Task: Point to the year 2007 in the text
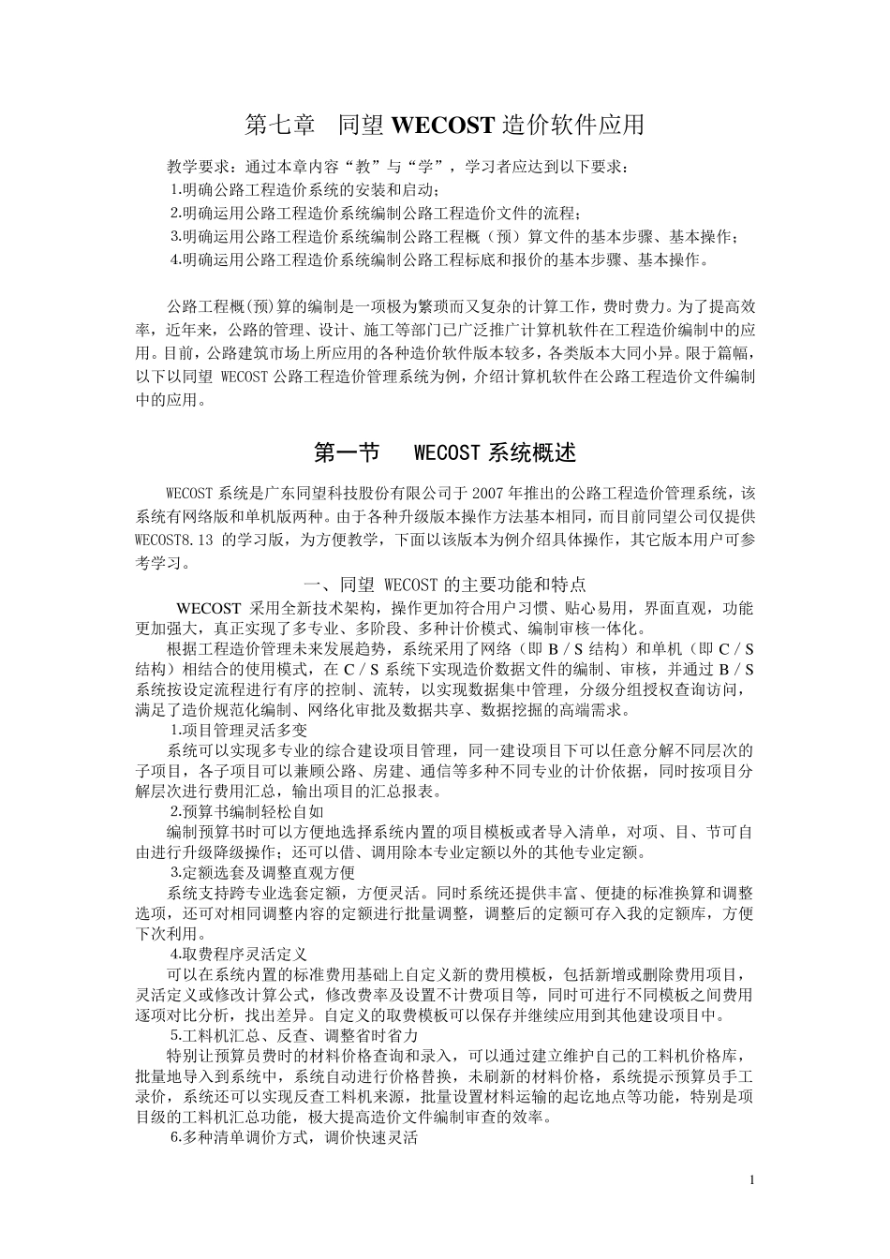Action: point(492,493)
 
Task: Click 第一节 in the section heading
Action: point(347,453)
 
